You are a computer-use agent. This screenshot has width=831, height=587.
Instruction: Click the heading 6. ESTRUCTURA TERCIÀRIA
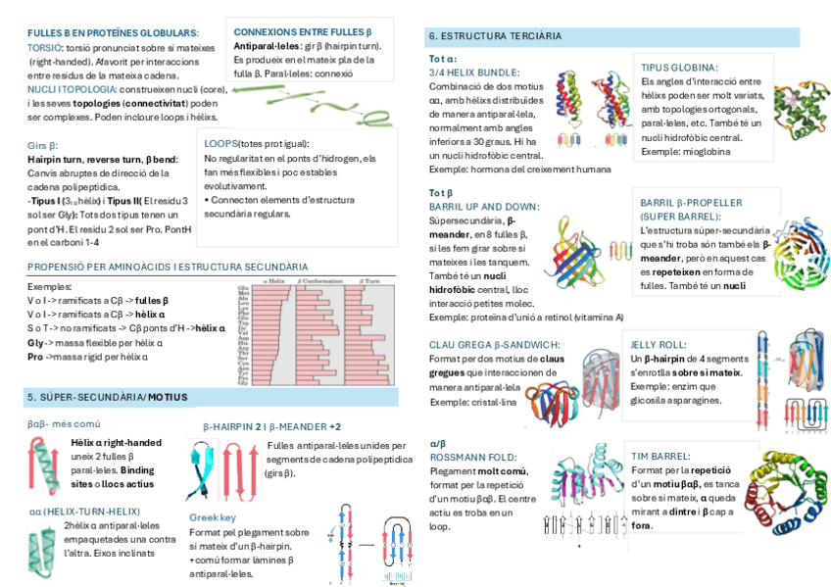[x=495, y=36]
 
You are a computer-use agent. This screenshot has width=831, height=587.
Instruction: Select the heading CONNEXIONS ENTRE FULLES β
[x=302, y=31]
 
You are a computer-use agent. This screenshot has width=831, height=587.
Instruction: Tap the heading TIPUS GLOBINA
[x=679, y=68]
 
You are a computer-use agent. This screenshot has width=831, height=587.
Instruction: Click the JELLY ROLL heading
[x=660, y=345]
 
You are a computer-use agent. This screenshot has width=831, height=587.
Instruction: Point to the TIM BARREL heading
[x=660, y=456]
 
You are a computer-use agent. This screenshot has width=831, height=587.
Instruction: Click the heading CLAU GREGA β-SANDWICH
[x=494, y=345]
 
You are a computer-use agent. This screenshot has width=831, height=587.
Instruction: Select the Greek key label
[x=212, y=517]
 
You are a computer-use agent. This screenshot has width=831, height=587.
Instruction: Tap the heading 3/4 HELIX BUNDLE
[x=473, y=73]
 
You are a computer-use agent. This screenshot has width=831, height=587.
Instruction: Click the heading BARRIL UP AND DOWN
[x=484, y=207]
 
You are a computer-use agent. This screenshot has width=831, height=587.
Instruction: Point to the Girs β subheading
[x=43, y=145]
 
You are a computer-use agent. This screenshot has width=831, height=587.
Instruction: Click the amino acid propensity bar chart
[x=315, y=334]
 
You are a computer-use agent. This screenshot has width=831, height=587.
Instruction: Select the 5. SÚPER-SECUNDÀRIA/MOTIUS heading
[x=108, y=397]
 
